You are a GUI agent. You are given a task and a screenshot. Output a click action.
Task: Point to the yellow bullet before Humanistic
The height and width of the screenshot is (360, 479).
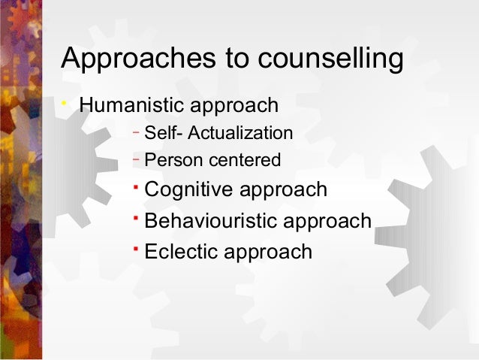coord(66,102)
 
